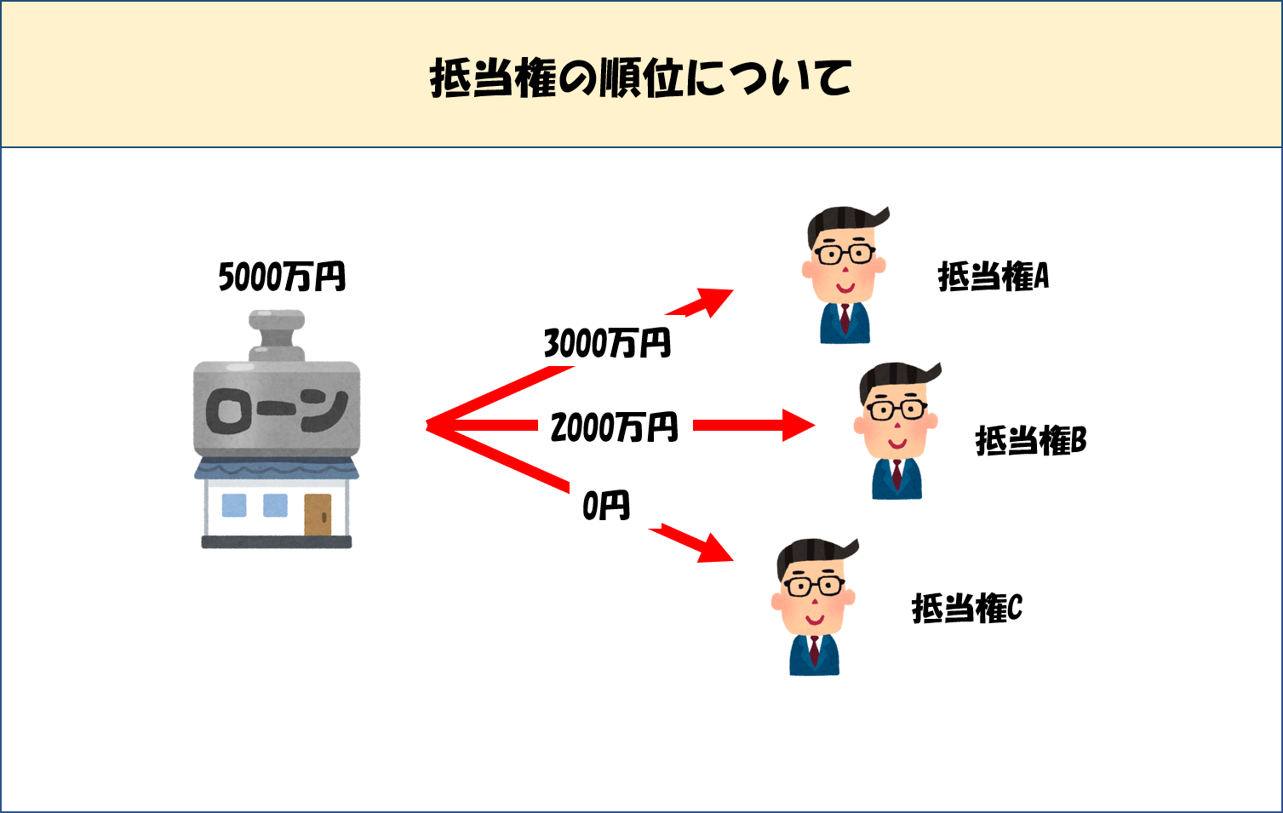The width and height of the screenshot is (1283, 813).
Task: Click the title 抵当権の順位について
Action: point(640,78)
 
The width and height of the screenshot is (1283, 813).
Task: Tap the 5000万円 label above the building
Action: point(282,278)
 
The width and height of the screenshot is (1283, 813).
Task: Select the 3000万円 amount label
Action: point(607,344)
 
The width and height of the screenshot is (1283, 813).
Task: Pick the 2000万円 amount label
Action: point(614,427)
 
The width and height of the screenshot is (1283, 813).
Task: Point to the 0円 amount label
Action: point(605,506)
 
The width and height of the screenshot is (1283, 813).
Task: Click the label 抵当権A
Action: point(993,277)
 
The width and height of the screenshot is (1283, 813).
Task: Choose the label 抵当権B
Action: point(1030,441)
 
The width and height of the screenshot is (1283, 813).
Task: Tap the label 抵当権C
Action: point(966,608)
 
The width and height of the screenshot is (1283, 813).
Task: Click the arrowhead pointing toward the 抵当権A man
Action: point(717,299)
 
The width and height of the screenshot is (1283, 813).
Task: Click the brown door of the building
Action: point(318,514)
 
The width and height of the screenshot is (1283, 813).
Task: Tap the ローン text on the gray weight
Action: point(277,411)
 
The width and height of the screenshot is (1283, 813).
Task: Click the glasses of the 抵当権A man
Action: point(844,255)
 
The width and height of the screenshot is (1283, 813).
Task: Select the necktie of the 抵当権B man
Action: point(896,472)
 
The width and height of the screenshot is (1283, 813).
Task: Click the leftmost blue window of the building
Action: point(233,506)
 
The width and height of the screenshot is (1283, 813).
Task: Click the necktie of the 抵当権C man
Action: point(815,650)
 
